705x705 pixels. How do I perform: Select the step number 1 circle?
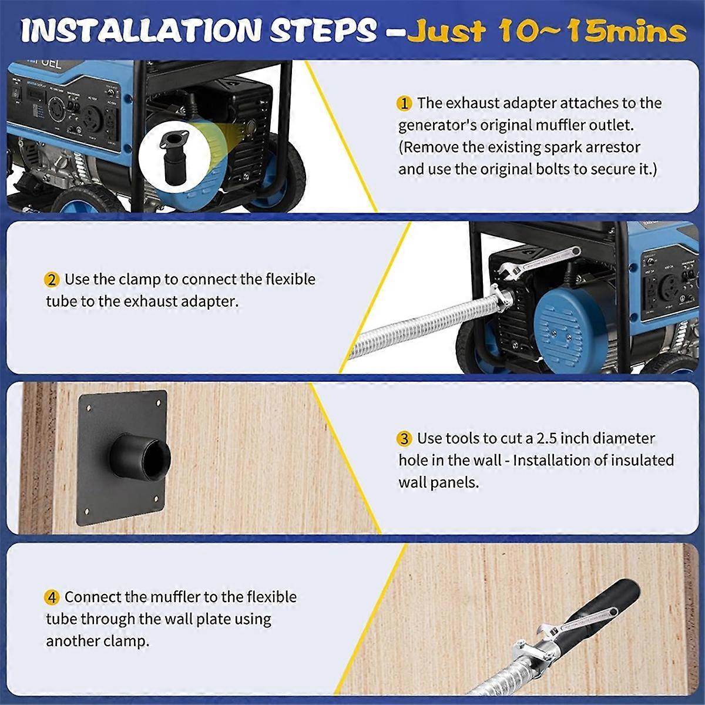[x=404, y=103]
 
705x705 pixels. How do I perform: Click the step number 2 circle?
[x=52, y=280]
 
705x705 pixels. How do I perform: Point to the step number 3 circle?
[x=404, y=439]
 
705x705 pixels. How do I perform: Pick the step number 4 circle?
[x=52, y=598]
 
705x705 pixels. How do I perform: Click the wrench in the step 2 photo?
[x=535, y=263]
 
